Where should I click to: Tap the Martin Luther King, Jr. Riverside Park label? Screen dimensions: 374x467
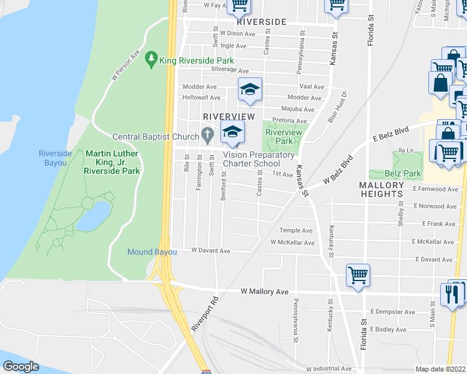coord(112,162)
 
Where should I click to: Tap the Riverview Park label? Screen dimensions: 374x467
coord(284,137)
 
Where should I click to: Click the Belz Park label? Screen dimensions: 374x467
coord(403,173)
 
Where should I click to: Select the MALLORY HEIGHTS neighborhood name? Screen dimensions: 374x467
coord(381,189)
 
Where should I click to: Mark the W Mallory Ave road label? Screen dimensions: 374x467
coord(265,291)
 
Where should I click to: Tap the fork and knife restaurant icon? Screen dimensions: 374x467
coord(453,293)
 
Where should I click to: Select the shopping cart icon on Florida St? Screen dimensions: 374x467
coord(358,274)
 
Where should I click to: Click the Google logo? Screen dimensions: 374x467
coord(22,367)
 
